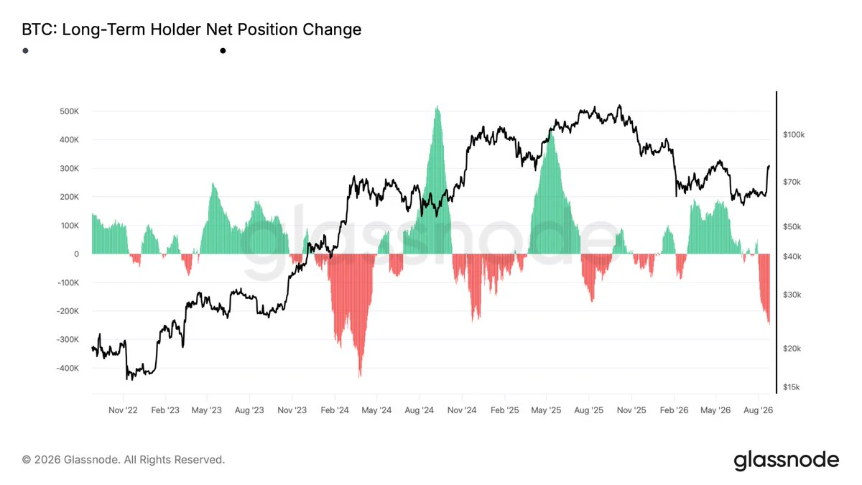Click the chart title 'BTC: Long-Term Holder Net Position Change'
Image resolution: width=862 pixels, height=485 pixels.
[192, 29]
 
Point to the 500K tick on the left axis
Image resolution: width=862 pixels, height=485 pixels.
[69, 111]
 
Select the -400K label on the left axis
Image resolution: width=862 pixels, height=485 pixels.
[68, 368]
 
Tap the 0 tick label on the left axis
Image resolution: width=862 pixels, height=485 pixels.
[76, 254]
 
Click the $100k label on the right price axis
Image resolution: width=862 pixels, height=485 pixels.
[794, 135]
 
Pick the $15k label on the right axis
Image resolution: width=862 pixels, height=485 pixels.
[791, 387]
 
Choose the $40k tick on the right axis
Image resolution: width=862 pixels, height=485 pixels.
[792, 257]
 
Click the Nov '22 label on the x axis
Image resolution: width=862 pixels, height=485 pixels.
[123, 410]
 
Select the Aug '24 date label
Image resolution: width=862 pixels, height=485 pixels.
[419, 410]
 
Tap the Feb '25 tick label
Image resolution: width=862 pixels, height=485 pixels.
[504, 410]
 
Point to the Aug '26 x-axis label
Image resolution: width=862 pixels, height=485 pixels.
[758, 410]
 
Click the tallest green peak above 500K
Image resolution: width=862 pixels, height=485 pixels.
[437, 106]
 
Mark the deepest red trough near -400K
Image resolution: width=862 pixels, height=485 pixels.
[360, 377]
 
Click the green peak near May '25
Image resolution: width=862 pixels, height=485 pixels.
[552, 132]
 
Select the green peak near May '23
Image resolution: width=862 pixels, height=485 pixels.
[213, 184]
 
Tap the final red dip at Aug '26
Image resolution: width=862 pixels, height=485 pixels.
[769, 323]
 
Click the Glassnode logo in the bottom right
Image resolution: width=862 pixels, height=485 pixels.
[786, 460]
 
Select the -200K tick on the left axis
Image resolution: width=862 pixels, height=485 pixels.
[68, 311]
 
